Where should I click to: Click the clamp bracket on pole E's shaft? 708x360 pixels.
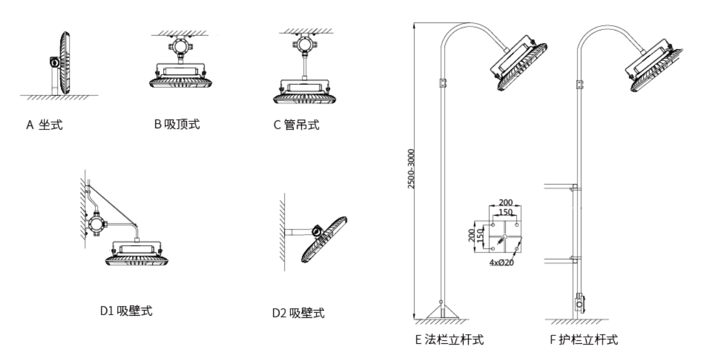click(442, 83)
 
